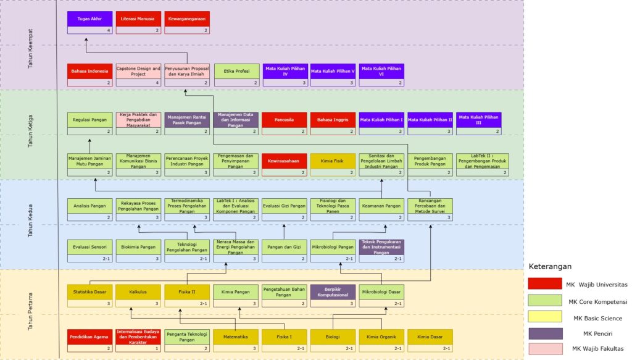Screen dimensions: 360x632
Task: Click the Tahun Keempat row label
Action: pos(31,48)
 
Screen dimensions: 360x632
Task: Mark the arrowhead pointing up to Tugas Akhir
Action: pos(86,38)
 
